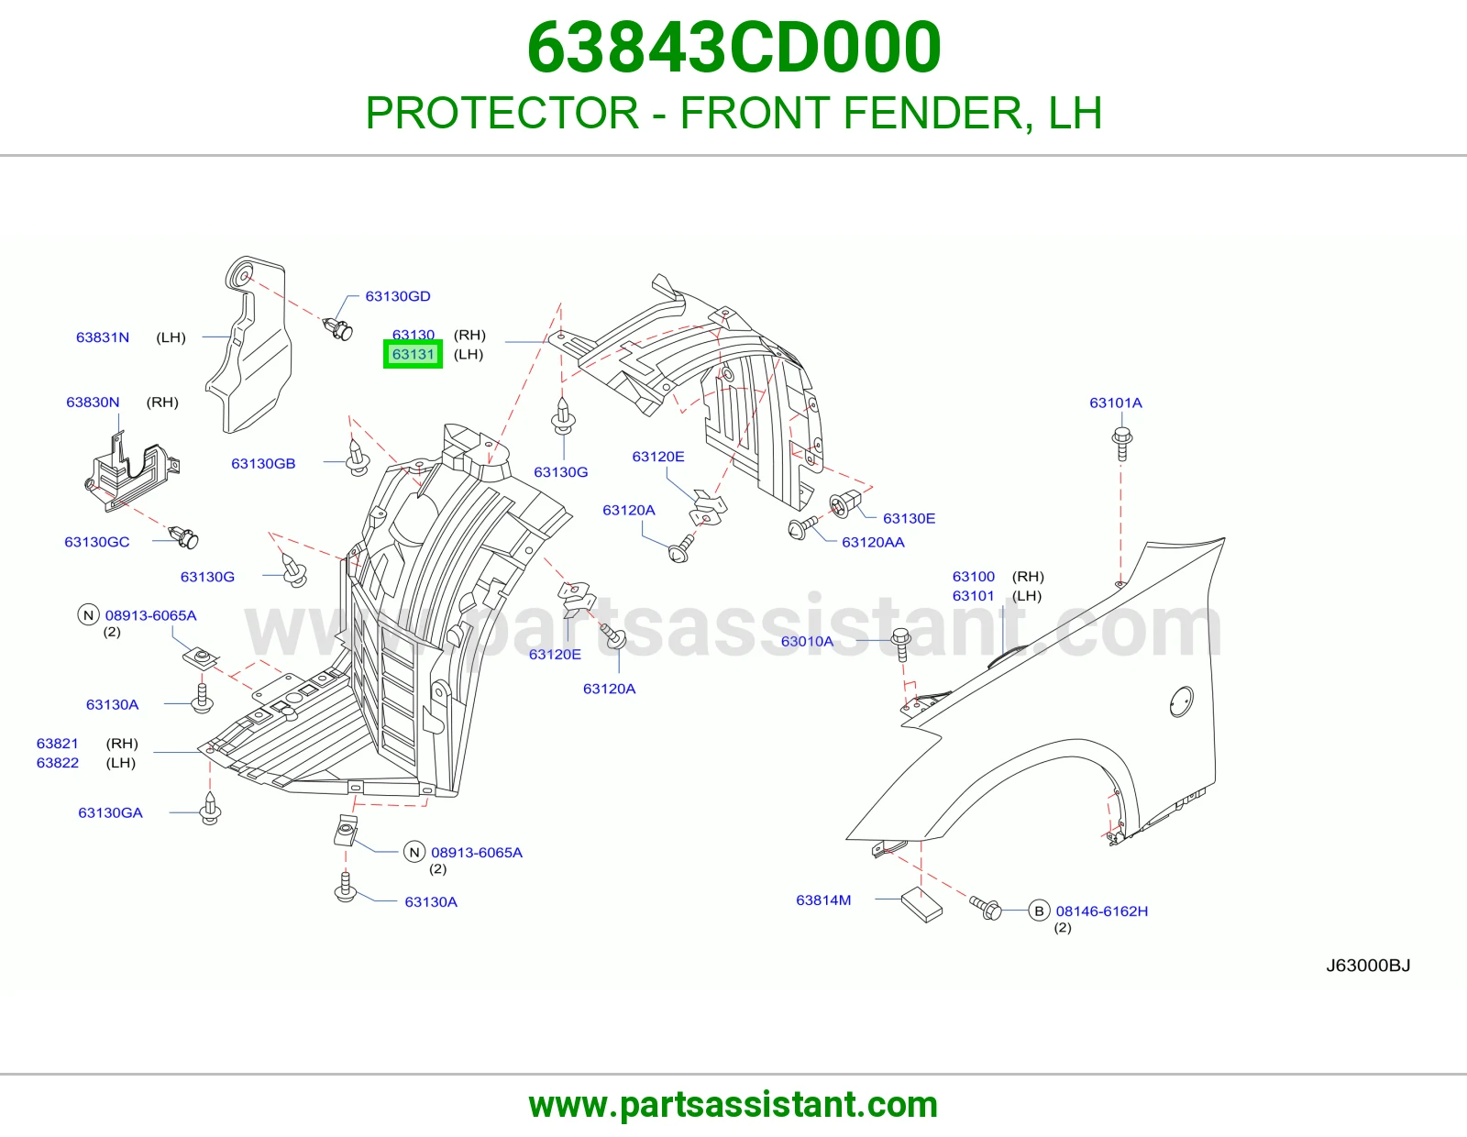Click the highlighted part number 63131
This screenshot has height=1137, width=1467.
click(413, 355)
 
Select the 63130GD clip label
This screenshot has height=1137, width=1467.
click(398, 296)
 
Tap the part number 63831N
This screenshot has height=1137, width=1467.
click(103, 337)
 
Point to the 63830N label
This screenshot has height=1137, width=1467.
click(93, 403)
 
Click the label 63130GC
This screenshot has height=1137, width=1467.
click(96, 542)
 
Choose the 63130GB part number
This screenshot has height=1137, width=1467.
click(263, 464)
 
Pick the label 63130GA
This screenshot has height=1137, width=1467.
click(110, 813)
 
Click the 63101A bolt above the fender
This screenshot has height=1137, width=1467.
click(1121, 444)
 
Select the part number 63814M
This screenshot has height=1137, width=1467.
click(823, 900)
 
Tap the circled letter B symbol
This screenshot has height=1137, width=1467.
click(1039, 911)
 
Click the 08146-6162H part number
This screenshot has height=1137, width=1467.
click(1102, 911)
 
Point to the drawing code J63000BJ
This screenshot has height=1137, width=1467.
click(1368, 966)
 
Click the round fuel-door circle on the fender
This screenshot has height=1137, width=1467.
click(1182, 701)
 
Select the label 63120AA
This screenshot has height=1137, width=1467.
click(873, 542)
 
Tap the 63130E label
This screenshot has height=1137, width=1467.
click(909, 519)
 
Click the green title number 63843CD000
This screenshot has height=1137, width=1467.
click(733, 48)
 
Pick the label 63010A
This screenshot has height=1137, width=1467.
click(807, 642)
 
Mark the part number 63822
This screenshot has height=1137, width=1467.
click(58, 763)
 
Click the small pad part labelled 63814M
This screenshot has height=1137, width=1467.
click(921, 904)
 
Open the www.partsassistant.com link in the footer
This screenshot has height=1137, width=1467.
click(733, 1105)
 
